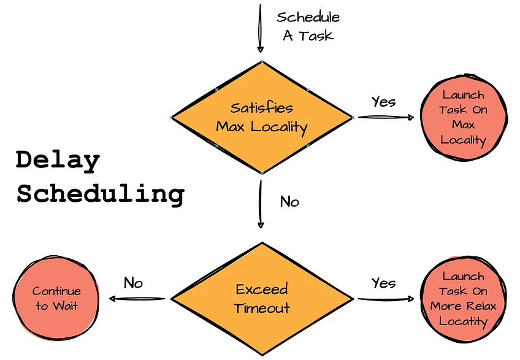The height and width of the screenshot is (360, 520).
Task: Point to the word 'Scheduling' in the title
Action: click(x=100, y=194)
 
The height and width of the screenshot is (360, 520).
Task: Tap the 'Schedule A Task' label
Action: click(x=308, y=26)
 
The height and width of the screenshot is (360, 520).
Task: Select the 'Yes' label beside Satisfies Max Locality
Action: click(x=383, y=102)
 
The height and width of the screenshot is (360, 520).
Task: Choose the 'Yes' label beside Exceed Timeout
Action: click(x=383, y=283)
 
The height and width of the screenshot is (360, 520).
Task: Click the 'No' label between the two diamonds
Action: click(x=289, y=201)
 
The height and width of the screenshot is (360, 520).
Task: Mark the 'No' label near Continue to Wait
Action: click(x=133, y=283)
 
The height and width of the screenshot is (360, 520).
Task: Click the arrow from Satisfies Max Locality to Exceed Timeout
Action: click(x=261, y=205)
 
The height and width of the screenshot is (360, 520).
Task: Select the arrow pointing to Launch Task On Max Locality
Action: click(x=386, y=117)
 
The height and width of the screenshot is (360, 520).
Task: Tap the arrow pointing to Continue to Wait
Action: click(x=137, y=299)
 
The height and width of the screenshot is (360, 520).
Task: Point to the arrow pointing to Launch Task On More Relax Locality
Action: click(x=386, y=299)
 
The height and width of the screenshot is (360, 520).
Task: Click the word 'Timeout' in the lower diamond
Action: click(x=262, y=308)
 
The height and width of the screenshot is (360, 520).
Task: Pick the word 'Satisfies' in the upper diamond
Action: click(x=262, y=108)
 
